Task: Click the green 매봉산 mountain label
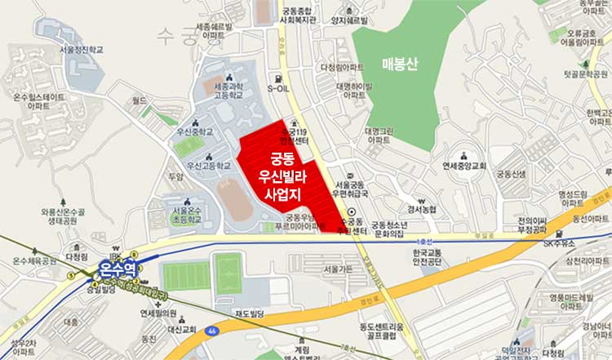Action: pyautogui.click(x=400, y=64)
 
